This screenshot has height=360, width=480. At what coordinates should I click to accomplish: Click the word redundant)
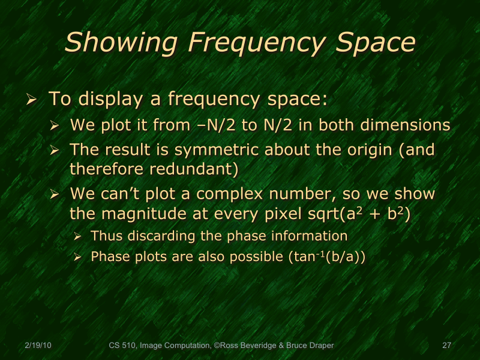[x=193, y=169]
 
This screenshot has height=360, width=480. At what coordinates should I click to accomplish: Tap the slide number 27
[x=446, y=346]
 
